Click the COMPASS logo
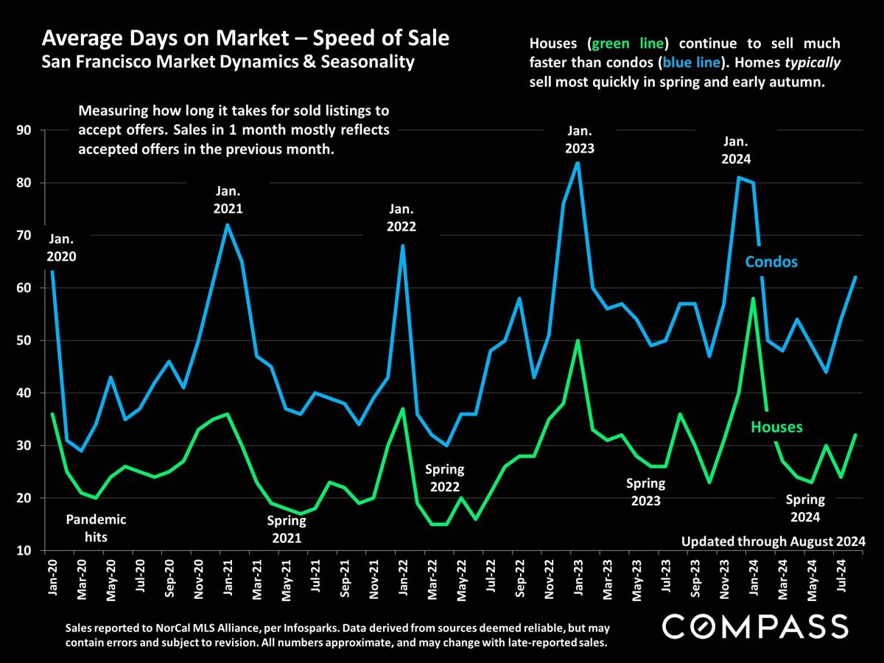pos(754,627)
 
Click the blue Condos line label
pos(771,262)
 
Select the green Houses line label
pos(776,427)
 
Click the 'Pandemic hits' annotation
pos(96,528)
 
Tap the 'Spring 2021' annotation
pos(287,529)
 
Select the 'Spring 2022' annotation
pos(445,478)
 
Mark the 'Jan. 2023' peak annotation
pos(579,139)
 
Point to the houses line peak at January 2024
pos(752,298)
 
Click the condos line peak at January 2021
pos(228,225)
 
